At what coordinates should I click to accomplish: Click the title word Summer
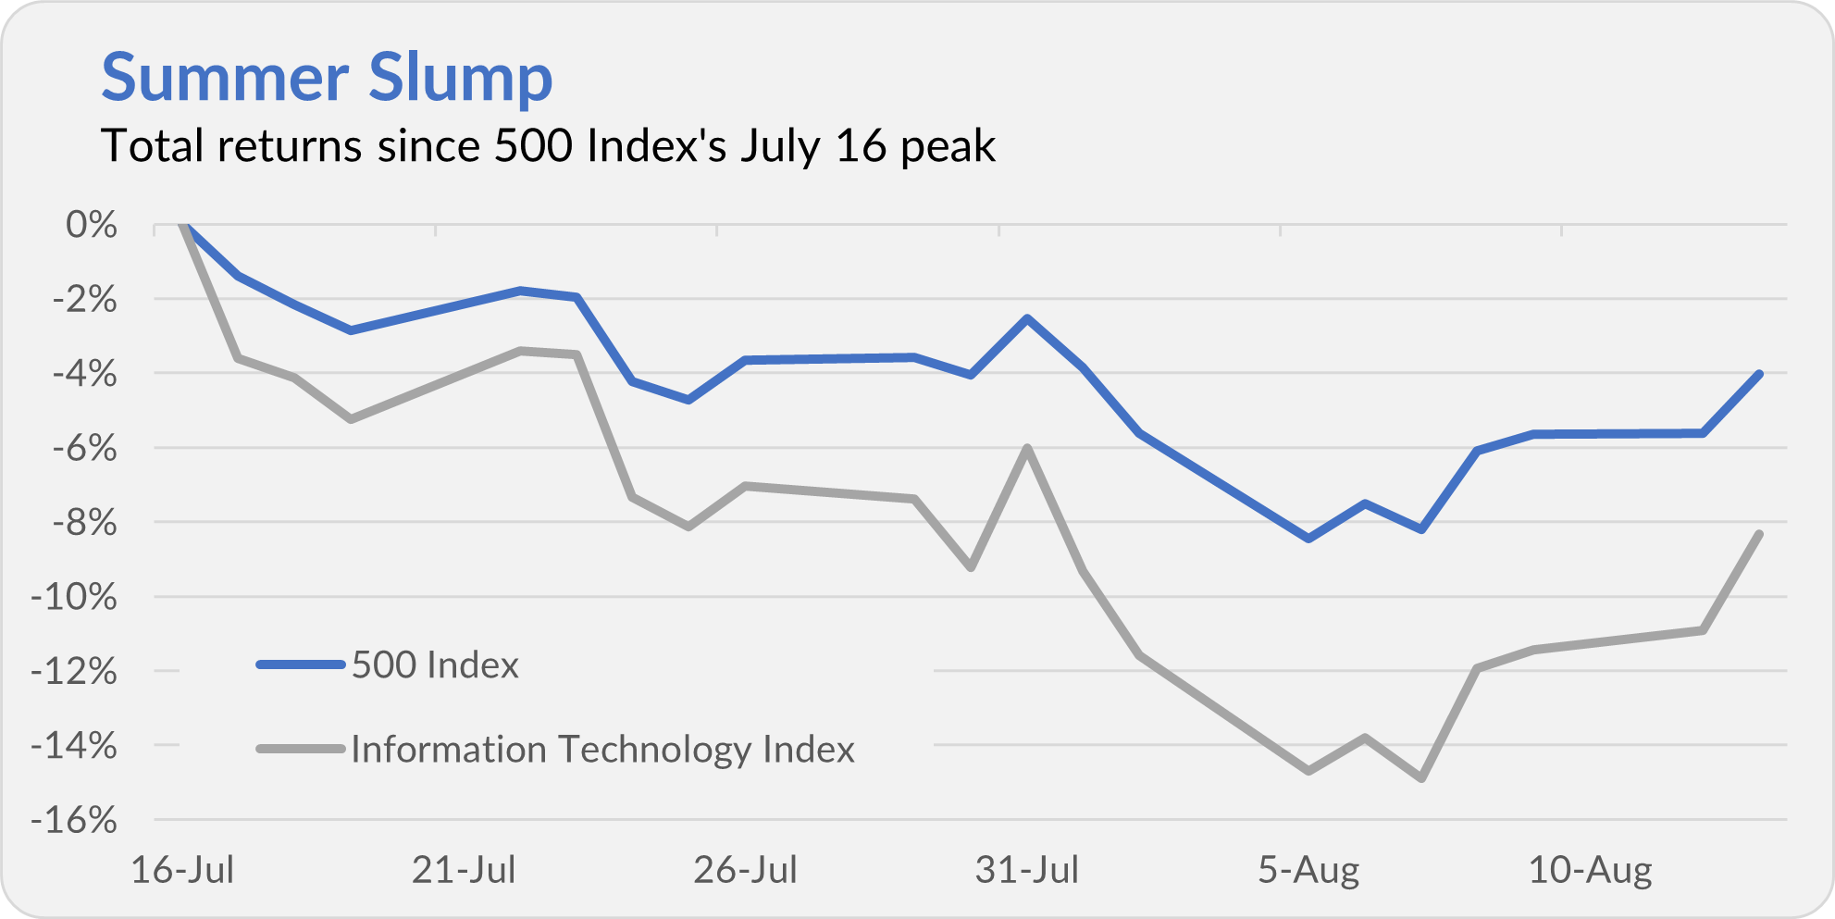(x=222, y=78)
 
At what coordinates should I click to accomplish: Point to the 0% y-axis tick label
(x=92, y=225)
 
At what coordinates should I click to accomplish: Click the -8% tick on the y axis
(x=84, y=523)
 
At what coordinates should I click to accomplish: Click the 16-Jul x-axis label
(x=182, y=870)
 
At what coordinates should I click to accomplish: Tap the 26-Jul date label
(x=745, y=870)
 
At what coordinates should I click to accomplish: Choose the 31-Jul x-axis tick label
(x=1026, y=870)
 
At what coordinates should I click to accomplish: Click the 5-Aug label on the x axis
(x=1308, y=870)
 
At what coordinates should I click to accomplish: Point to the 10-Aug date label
(x=1589, y=870)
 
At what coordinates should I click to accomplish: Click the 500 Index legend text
(x=435, y=665)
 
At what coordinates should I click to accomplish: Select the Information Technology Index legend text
(x=602, y=750)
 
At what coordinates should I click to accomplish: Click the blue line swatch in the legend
(x=301, y=664)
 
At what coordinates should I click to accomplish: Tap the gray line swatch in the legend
(x=301, y=749)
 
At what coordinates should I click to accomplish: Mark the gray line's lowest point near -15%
(x=1421, y=778)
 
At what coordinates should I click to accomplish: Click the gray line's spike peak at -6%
(x=1027, y=448)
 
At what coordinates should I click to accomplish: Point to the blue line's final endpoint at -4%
(x=1758, y=374)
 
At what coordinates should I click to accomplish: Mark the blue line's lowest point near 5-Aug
(x=1308, y=538)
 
